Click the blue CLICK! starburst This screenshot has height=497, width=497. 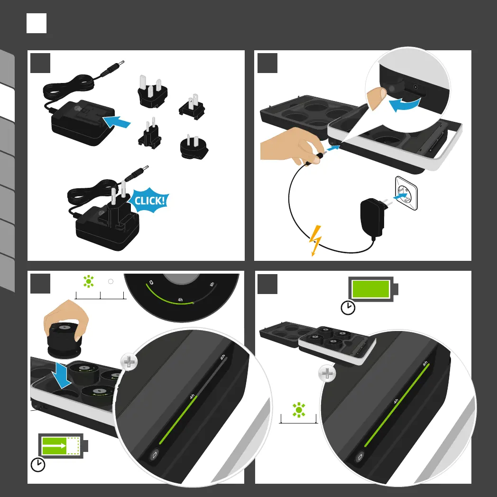[x=149, y=200]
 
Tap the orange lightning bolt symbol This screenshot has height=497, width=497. [x=315, y=240]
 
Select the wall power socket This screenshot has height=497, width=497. [x=406, y=193]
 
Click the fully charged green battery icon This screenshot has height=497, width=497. [x=373, y=289]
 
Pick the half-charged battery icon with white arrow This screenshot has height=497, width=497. [x=63, y=446]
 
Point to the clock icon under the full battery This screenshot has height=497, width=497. [x=348, y=307]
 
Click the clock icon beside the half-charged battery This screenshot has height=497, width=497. [x=38, y=464]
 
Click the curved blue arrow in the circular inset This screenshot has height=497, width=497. [x=405, y=104]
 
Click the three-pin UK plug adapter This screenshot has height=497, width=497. [x=152, y=91]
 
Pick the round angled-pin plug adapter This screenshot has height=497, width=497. [x=193, y=147]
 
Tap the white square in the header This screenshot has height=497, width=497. [x=37, y=23]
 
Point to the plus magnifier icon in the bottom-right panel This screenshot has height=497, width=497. [x=327, y=373]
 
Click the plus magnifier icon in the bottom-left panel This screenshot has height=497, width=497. [x=129, y=362]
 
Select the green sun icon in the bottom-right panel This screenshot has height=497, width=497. [x=299, y=410]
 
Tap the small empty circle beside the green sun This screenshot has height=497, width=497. [x=110, y=282]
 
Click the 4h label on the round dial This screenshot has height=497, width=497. [x=180, y=300]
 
